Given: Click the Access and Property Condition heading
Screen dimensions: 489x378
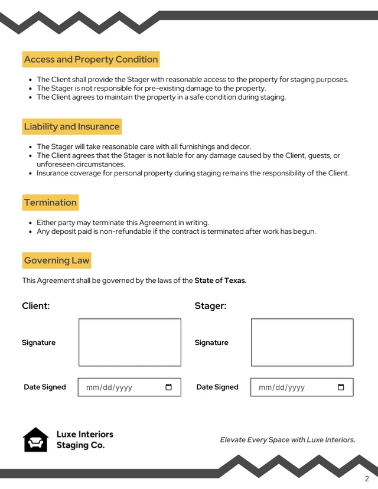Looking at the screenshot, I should [x=91, y=59].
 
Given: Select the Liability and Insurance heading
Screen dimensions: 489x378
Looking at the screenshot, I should [x=71, y=126].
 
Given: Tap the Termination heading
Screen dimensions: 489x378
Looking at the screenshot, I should [x=50, y=203].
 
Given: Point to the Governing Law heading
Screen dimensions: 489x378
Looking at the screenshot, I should [x=57, y=260].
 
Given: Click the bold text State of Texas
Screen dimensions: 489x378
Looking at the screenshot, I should [x=220, y=281].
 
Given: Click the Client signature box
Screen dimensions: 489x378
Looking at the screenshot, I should [x=129, y=343].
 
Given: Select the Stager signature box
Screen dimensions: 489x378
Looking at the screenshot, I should [x=302, y=343].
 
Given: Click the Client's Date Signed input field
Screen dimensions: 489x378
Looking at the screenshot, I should [x=121, y=387].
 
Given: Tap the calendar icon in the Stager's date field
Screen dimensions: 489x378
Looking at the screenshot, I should [x=341, y=387].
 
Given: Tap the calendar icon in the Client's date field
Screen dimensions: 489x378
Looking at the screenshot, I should [x=168, y=387].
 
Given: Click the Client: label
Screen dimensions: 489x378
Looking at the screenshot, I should [x=36, y=306].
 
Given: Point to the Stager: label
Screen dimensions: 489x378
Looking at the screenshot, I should [x=210, y=306].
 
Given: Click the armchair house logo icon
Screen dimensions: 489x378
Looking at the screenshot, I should [x=35, y=440].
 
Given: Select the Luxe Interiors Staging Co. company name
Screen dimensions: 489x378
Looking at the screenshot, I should [x=84, y=440].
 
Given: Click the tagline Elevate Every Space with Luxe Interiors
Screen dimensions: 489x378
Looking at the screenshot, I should [x=288, y=440].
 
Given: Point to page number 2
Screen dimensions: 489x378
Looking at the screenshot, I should [x=367, y=479].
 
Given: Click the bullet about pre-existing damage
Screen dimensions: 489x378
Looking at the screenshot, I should [x=151, y=88].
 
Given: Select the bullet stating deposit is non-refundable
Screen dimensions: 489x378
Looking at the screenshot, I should [x=176, y=232].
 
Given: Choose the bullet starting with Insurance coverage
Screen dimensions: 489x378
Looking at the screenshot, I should [x=193, y=173].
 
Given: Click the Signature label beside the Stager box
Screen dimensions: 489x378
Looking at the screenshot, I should [x=211, y=343].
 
